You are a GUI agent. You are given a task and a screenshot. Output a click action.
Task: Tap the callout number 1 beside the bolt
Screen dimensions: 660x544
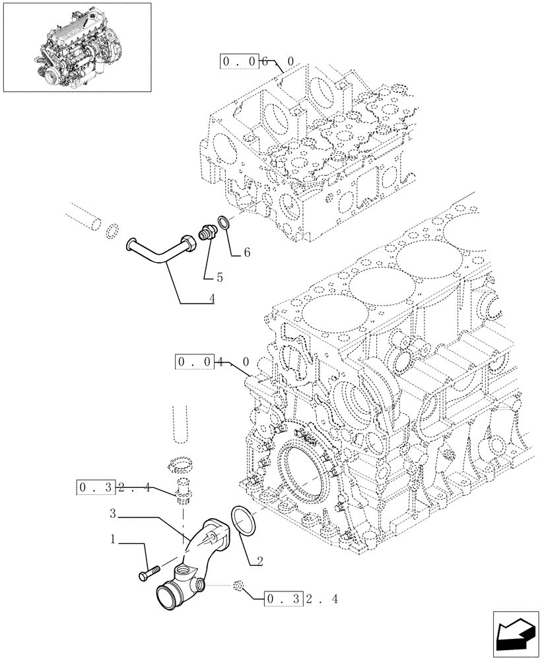click(114, 540)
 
